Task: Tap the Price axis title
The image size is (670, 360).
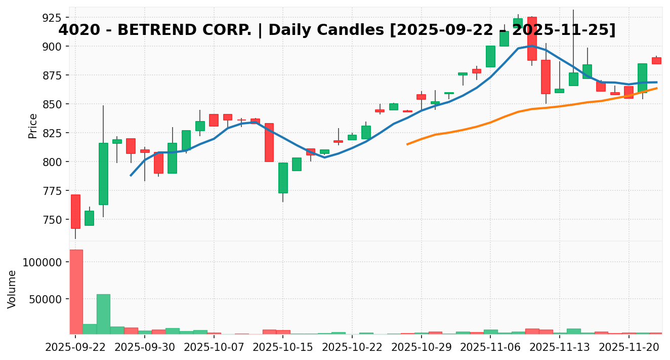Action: [33, 126]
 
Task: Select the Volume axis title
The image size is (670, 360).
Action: [12, 289]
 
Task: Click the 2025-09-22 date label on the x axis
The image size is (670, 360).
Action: [75, 347]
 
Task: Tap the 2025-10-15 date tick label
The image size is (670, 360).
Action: [283, 347]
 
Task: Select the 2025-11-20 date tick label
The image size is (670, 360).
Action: [629, 347]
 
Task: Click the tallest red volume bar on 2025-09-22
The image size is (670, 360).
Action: [76, 292]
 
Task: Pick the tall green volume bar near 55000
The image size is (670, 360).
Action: [103, 314]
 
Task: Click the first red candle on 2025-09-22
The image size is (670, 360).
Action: [75, 212]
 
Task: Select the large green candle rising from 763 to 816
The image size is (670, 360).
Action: [103, 174]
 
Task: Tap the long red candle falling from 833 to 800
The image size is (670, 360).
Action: [269, 142]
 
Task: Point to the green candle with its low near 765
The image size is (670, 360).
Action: [283, 178]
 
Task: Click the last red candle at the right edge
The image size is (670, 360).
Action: [656, 61]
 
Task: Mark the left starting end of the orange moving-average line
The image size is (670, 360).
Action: [407, 144]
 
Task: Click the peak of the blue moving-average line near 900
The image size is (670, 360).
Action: [532, 46]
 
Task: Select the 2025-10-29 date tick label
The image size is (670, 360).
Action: [421, 347]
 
